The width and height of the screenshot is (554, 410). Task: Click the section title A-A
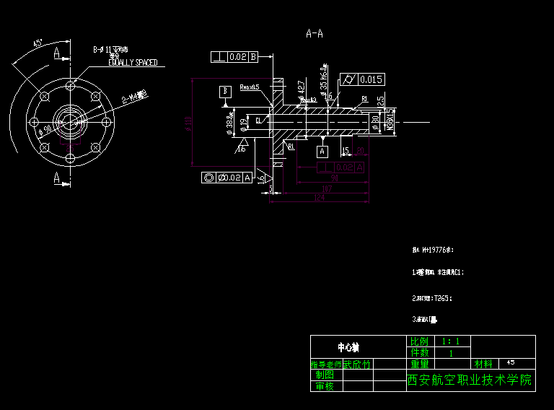click(x=315, y=33)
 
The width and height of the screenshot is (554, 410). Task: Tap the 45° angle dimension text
click(x=38, y=43)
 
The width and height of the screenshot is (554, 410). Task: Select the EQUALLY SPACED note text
click(x=133, y=63)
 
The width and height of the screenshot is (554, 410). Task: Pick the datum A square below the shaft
click(x=322, y=152)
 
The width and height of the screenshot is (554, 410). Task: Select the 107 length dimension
click(x=327, y=188)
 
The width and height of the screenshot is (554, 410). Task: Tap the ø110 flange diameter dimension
click(x=190, y=124)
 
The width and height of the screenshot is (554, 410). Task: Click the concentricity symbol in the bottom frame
click(x=209, y=178)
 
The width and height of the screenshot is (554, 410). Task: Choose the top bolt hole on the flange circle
click(x=70, y=86)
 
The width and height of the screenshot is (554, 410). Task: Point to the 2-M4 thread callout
click(x=134, y=96)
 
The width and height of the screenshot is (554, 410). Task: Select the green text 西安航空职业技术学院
click(x=470, y=380)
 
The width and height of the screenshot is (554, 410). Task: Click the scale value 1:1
click(x=452, y=341)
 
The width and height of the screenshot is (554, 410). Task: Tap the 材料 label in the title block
click(x=483, y=363)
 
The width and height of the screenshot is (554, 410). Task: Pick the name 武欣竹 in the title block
click(x=357, y=365)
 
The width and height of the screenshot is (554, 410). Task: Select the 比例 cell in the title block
click(x=419, y=341)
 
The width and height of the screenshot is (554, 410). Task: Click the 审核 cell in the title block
click(x=325, y=386)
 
